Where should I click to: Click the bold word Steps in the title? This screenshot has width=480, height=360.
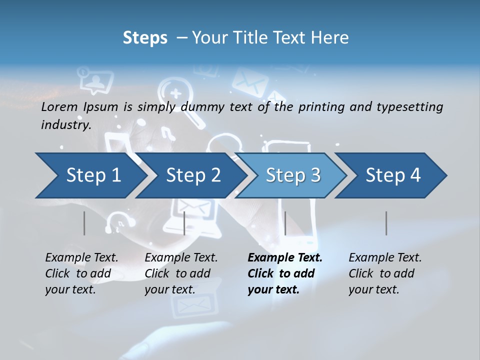click(145, 38)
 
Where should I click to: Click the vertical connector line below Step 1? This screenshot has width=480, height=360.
click(84, 223)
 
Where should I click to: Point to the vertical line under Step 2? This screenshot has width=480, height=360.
click(184, 223)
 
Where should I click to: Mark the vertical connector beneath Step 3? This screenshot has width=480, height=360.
click(285, 223)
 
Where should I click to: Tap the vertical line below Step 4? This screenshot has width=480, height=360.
click(386, 223)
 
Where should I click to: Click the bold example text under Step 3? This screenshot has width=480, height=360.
click(284, 273)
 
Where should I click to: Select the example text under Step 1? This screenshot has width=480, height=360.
click(81, 273)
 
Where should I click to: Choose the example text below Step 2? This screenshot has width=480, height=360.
click(181, 273)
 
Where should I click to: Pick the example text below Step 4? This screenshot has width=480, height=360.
click(385, 273)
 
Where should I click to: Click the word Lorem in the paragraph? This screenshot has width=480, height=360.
click(59, 106)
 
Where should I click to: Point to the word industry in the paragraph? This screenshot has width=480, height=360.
click(65, 125)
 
